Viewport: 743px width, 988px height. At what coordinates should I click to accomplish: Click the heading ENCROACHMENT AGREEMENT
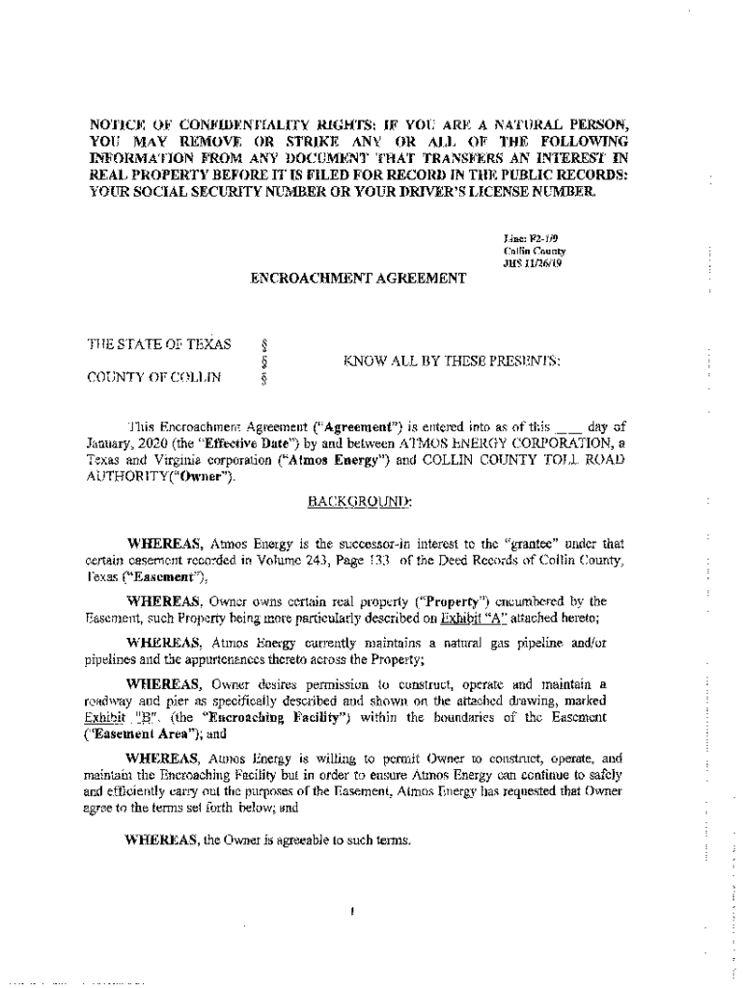(x=358, y=278)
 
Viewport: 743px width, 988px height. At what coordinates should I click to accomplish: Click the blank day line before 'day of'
(x=569, y=425)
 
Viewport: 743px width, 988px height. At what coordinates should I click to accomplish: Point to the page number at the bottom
(x=354, y=910)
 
